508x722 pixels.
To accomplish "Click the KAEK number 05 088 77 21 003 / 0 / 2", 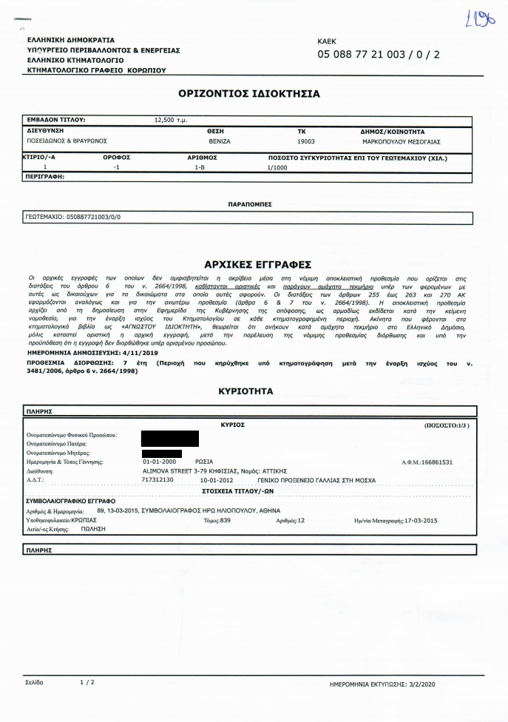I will point(378,55).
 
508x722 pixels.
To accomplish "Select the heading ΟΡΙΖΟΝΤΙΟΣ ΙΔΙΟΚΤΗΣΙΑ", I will point(249,94).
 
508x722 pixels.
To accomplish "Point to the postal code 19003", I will point(305,140).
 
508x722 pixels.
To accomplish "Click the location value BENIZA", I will point(220,140).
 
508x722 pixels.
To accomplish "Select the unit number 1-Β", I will point(200,167).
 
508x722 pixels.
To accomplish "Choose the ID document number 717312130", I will point(157,479).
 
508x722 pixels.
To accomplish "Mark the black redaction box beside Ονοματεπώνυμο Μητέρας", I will point(161,453).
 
